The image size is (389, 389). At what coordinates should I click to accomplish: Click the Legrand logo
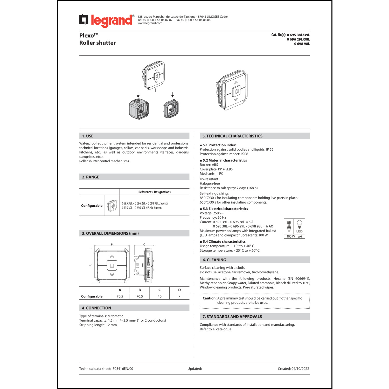click(x=107, y=20)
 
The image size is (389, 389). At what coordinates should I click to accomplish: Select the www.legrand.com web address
click(x=150, y=23)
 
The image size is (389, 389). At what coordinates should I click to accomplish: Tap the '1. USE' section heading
click(x=88, y=136)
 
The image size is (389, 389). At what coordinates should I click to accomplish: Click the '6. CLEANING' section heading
click(x=214, y=260)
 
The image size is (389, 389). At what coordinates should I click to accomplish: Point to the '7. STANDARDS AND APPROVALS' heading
click(x=232, y=317)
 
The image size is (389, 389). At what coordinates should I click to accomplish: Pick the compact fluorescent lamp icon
click(x=289, y=226)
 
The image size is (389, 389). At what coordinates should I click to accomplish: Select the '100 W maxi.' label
click(x=294, y=237)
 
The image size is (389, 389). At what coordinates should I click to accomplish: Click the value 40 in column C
click(x=159, y=296)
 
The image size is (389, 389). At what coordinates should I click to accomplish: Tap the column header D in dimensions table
click(x=179, y=290)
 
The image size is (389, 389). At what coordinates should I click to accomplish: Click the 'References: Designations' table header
click(x=154, y=192)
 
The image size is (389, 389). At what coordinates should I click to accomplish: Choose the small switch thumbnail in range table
click(x=112, y=206)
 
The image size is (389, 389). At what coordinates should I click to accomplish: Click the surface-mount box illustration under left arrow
click(x=139, y=109)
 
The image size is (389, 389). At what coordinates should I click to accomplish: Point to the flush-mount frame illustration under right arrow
click(x=171, y=109)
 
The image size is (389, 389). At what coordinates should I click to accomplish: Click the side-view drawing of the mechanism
click(x=143, y=265)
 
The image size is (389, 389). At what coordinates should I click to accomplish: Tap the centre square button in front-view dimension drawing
click(x=112, y=265)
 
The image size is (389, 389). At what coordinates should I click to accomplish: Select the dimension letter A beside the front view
click(x=91, y=265)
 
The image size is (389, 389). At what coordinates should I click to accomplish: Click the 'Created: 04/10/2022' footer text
click(x=293, y=369)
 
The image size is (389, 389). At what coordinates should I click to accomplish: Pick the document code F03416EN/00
click(x=123, y=369)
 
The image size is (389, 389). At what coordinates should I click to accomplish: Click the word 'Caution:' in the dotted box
click(x=210, y=298)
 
